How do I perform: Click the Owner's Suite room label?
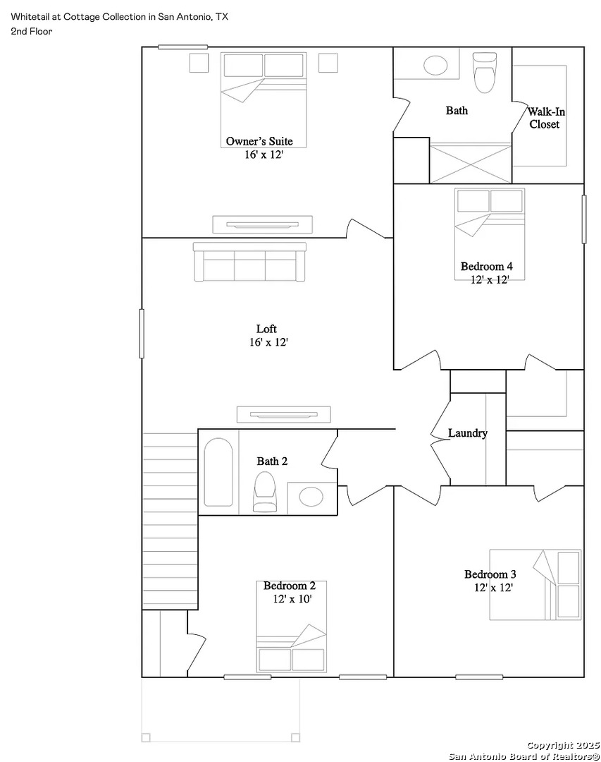tap(259, 141)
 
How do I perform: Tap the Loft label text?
tap(266, 329)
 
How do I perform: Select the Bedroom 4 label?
tap(486, 266)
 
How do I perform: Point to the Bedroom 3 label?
tap(490, 574)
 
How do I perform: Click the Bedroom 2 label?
tap(290, 586)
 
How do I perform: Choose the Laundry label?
tap(468, 433)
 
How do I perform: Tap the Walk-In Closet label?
tap(546, 118)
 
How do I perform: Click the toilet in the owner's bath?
tap(485, 73)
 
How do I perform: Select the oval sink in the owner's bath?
tap(435, 65)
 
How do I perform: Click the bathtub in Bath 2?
tap(218, 472)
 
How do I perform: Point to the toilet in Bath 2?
tap(265, 492)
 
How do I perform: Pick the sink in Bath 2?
tap(311, 497)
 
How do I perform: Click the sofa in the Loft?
tap(249, 262)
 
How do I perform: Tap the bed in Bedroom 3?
tap(535, 585)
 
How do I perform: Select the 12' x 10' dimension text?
tap(292, 599)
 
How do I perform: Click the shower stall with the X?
tap(471, 163)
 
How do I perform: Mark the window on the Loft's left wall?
tap(142, 333)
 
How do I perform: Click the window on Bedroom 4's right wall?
tap(584, 219)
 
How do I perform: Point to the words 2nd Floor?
tap(32, 32)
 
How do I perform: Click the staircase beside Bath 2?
tap(170, 521)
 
